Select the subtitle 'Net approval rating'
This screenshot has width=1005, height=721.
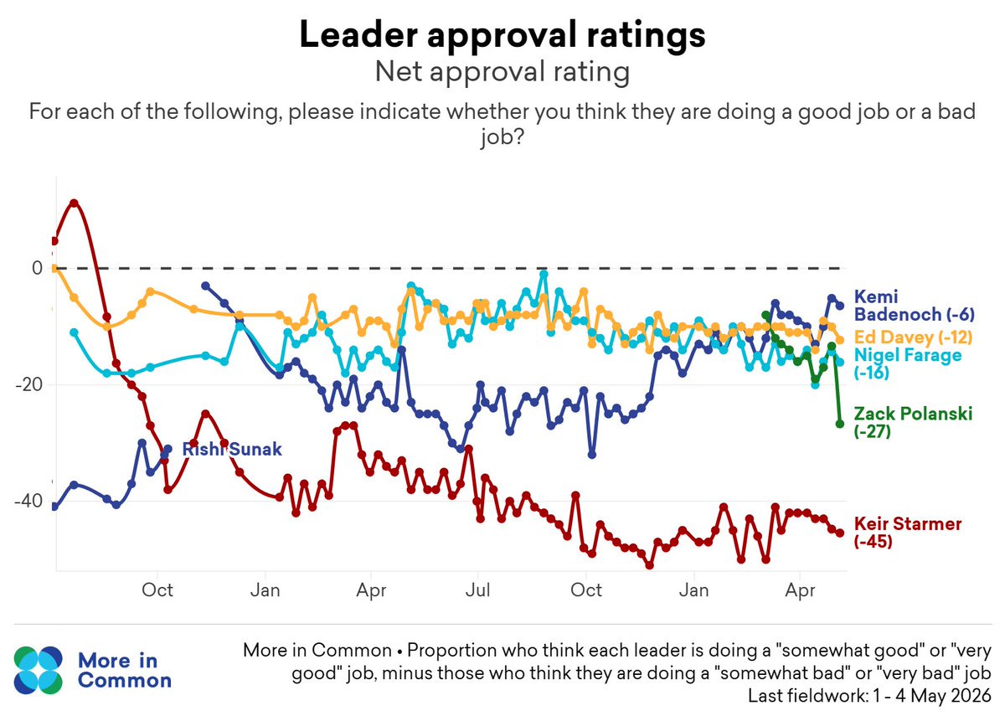[502, 72]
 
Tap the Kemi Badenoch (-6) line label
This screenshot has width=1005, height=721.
[914, 305]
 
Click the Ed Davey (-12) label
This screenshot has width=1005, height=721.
[913, 337]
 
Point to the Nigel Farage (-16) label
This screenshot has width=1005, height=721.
[907, 363]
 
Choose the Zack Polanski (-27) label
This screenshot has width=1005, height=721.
[913, 422]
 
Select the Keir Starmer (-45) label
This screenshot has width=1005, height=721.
[907, 532]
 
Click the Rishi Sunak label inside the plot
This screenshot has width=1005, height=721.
[232, 449]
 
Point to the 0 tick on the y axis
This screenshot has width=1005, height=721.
[37, 268]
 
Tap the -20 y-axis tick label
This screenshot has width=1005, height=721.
[29, 384]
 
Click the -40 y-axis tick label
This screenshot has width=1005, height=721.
[29, 501]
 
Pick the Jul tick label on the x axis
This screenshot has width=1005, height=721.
[478, 590]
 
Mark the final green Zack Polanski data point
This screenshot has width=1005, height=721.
[840, 424]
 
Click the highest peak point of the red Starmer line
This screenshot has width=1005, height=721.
[74, 203]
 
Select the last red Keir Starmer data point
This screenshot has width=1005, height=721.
[840, 533]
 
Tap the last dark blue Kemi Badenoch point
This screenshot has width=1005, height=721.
[840, 306]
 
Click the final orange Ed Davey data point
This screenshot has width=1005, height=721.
[840, 341]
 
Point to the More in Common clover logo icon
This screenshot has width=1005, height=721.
[39, 670]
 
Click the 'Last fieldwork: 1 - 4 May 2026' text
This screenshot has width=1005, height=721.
[869, 696]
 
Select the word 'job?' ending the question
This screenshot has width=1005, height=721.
[502, 137]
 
